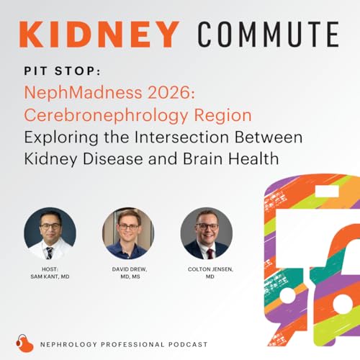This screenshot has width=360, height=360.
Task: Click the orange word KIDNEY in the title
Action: [99, 35]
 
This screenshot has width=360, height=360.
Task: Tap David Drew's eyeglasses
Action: [127, 227]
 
